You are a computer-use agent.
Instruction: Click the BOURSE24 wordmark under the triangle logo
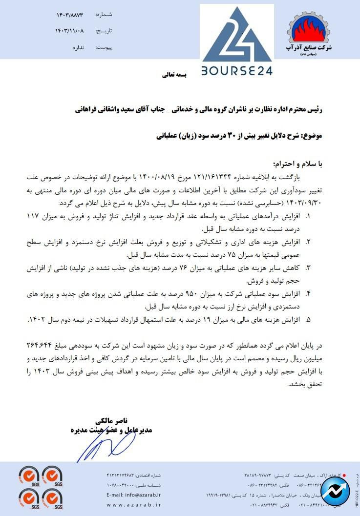coord(237,70)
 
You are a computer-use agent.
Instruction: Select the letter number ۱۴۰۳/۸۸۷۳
coord(70,16)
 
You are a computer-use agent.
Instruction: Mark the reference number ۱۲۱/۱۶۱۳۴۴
coord(212,176)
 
